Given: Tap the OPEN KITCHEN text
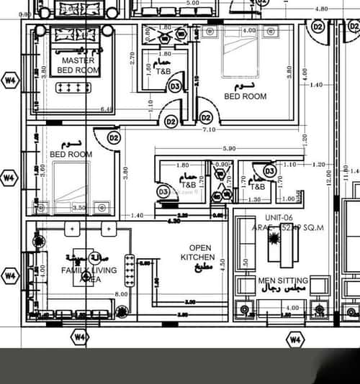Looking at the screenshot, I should [197, 252].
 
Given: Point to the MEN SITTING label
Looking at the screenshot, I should [284, 280].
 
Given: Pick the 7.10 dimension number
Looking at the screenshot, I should [209, 129].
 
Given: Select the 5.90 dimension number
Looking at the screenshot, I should [229, 149].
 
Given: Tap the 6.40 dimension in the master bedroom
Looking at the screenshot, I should [107, 110].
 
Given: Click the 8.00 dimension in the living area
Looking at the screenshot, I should [120, 293].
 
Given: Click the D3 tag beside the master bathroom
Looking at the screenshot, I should [175, 86].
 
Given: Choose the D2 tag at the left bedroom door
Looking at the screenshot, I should [114, 137].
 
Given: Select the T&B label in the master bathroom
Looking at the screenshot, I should [164, 71].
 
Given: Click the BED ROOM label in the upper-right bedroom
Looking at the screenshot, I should [245, 96].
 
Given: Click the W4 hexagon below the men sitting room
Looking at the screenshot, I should [295, 339].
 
